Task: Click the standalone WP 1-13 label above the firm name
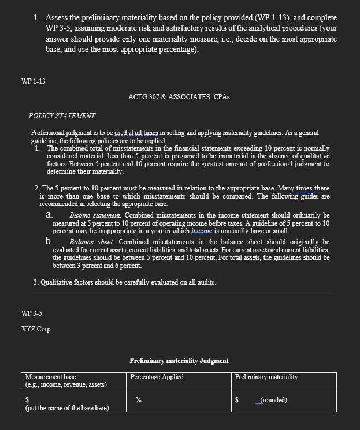coord(33,81)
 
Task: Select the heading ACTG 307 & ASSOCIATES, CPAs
coord(179,96)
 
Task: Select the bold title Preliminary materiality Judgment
coord(179,361)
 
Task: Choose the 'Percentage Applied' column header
coord(157,377)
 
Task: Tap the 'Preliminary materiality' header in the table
coord(266,377)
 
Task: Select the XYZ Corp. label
coord(36,329)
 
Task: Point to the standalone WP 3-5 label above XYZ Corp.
coord(31,313)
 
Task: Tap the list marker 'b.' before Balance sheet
coord(50,242)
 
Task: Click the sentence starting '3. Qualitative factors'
coord(125,282)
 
